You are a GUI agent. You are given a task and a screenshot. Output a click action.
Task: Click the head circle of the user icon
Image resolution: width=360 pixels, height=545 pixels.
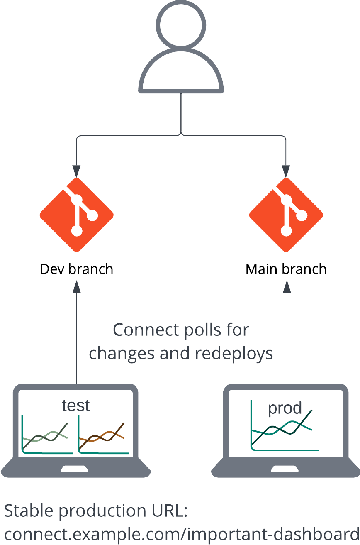coord(181,24)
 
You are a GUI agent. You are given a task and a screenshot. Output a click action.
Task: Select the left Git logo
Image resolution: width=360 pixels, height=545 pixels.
coord(77,215)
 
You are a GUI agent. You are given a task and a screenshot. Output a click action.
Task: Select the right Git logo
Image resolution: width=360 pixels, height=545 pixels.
coord(286,215)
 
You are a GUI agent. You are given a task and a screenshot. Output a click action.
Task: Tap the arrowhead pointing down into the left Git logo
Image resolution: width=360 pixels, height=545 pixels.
coord(77,171)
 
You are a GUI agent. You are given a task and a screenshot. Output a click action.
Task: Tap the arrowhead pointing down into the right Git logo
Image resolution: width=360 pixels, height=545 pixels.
coord(286,171)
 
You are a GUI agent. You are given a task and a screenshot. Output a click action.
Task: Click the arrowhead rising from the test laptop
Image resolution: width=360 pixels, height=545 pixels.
coord(77,286)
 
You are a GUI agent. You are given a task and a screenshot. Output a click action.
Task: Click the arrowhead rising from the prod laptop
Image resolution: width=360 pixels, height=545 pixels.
coord(287,286)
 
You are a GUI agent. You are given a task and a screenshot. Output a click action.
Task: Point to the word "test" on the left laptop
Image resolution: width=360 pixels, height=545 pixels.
coord(76,406)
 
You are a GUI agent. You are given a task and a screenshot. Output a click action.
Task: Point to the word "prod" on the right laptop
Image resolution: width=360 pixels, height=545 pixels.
coord(285,408)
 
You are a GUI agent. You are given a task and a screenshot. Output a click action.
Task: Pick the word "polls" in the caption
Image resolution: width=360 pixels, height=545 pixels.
coord(195,330)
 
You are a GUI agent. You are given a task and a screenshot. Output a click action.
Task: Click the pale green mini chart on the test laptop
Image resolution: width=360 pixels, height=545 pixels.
coord(46,436)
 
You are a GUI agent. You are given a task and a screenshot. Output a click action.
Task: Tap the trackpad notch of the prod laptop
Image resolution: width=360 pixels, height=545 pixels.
coord(286,469)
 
